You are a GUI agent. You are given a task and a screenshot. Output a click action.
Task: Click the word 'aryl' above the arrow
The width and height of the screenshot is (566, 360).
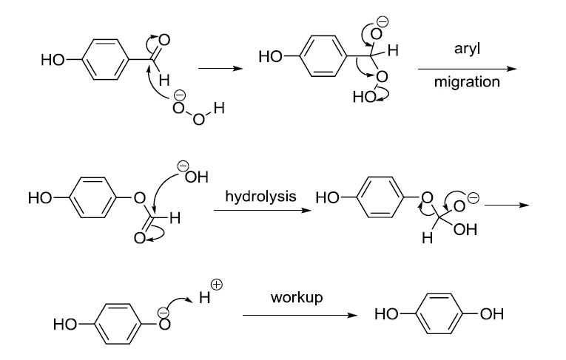coord(465,49)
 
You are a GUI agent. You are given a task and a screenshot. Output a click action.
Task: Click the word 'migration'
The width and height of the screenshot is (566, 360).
coord(466,81)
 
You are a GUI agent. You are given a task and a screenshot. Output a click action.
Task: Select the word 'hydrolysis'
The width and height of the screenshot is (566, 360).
coord(261,197)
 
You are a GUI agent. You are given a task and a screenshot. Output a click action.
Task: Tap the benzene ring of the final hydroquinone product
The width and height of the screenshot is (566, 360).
coord(437,315)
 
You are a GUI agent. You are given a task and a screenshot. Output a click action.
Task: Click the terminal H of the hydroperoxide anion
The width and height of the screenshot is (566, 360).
coord(218,112)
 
